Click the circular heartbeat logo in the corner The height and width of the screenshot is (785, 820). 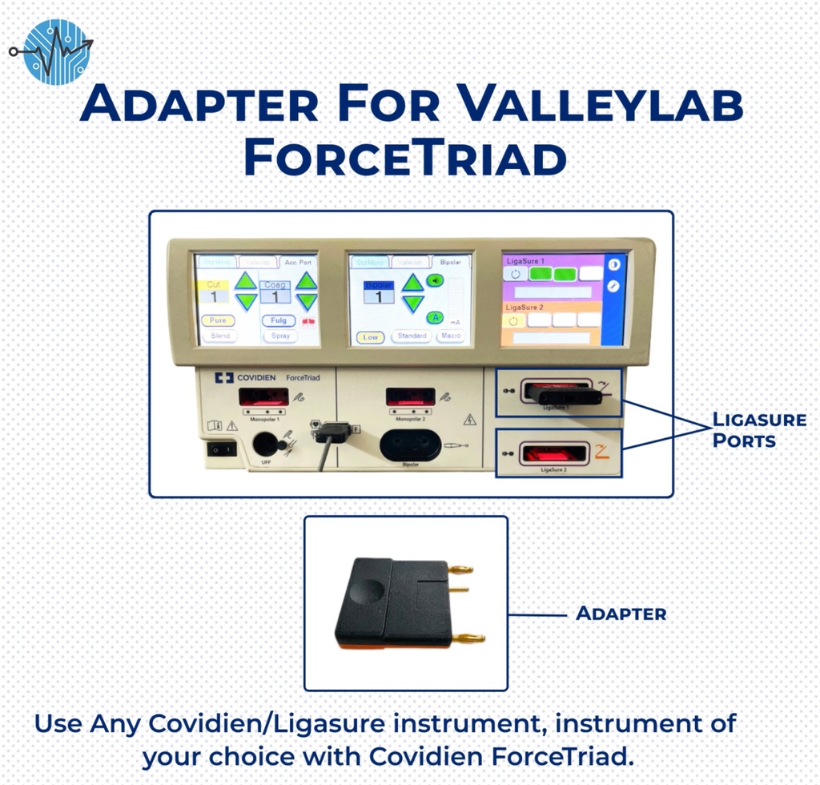(57, 52)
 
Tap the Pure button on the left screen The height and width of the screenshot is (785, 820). (218, 320)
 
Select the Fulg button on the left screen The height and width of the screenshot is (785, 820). (279, 320)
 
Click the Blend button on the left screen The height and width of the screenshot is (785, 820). (218, 336)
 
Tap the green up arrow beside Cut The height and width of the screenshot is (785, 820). (247, 280)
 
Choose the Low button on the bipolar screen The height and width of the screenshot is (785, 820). (370, 337)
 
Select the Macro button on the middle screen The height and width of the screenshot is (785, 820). (451, 336)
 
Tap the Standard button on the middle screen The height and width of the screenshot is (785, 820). (412, 336)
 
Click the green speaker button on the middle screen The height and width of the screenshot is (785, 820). (435, 280)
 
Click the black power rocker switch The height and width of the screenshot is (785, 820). (221, 449)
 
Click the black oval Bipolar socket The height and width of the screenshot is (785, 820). (410, 445)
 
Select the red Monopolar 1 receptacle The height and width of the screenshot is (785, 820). (263, 397)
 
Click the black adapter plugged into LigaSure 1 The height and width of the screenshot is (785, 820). (563, 393)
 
